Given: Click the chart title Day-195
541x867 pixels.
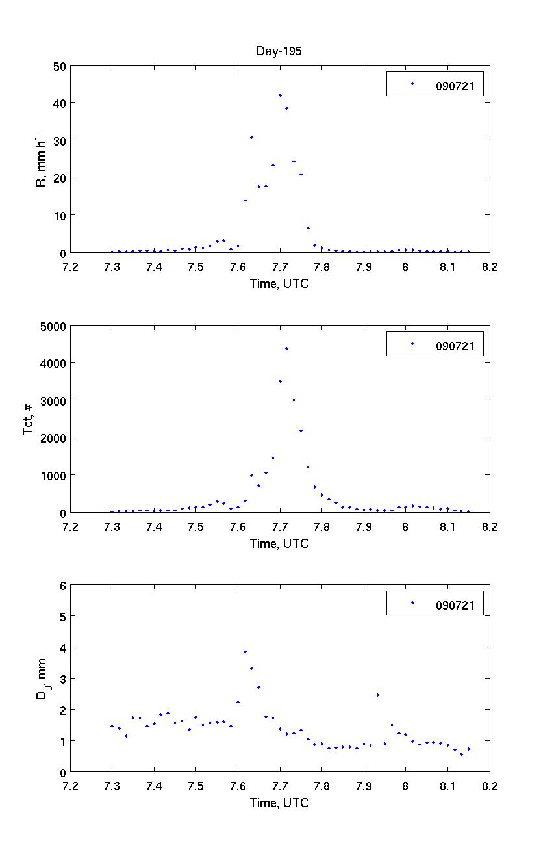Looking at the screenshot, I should [279, 52].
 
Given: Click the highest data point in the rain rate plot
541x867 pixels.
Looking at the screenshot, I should [280, 96].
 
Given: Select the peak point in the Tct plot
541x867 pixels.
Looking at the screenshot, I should [286, 349].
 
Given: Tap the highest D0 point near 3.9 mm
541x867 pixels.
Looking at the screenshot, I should [245, 651].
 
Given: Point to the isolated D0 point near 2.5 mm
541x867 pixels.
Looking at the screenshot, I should [377, 695].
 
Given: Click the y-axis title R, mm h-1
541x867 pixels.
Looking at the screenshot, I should [41, 159].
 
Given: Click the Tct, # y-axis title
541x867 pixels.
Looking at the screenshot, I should [29, 419].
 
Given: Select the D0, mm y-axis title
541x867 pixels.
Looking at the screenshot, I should [41, 679].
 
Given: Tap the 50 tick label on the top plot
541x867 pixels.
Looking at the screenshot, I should [58, 66].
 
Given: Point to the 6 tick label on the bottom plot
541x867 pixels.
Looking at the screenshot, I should [62, 586].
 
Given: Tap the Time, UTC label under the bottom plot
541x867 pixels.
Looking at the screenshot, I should [279, 803].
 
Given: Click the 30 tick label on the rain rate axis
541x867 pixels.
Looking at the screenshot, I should [58, 140].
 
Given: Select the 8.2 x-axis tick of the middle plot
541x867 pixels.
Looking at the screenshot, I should [489, 526].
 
